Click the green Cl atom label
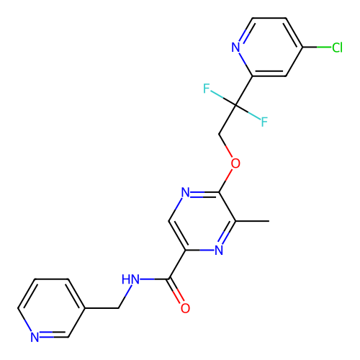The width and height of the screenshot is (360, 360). (337, 48)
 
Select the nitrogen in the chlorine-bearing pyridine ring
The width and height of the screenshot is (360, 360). (235, 48)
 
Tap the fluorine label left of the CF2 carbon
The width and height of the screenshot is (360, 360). (207, 89)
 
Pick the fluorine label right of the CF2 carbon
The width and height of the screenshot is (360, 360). (264, 122)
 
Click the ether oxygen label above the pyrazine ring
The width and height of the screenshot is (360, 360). (235, 163)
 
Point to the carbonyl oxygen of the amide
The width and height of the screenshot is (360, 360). (185, 308)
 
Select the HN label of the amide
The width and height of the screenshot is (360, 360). (130, 279)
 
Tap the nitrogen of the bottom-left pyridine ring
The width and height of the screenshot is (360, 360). (35, 337)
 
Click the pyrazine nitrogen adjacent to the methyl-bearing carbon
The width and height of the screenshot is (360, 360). (219, 250)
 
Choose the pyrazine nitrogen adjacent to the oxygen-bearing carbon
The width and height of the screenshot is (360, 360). (185, 192)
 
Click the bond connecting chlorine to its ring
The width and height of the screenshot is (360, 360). (317, 47)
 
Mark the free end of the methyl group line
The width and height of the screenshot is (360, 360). (269, 221)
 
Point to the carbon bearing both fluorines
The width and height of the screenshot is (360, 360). (235, 105)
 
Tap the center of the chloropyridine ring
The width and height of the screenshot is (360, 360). (269, 47)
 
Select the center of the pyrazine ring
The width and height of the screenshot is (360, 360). (202, 221)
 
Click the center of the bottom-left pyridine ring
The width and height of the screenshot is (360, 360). (51, 308)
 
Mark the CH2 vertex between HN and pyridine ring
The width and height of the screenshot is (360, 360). (119, 308)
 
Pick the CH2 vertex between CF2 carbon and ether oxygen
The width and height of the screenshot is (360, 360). (219, 134)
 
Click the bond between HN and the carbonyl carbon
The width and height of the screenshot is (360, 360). (155, 279)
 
